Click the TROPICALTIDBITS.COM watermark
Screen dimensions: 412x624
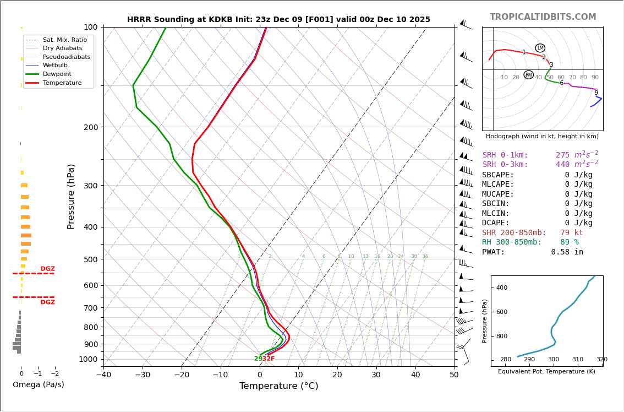(543, 17)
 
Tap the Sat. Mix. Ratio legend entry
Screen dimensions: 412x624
(64, 40)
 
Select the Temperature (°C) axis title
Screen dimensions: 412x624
(278, 387)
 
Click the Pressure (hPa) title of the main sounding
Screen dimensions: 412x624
(72, 196)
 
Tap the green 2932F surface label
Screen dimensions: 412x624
(264, 359)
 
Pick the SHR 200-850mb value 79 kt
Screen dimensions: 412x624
(572, 233)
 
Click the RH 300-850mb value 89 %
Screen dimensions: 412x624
(569, 242)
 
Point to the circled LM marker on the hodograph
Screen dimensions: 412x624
(540, 48)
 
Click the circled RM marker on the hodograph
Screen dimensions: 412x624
(528, 74)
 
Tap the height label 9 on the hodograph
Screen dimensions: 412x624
(596, 93)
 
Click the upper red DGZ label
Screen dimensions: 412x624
(48, 269)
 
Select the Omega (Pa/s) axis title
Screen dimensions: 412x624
(38, 385)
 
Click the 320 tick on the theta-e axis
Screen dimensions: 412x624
(601, 360)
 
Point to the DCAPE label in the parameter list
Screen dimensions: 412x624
(496, 223)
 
